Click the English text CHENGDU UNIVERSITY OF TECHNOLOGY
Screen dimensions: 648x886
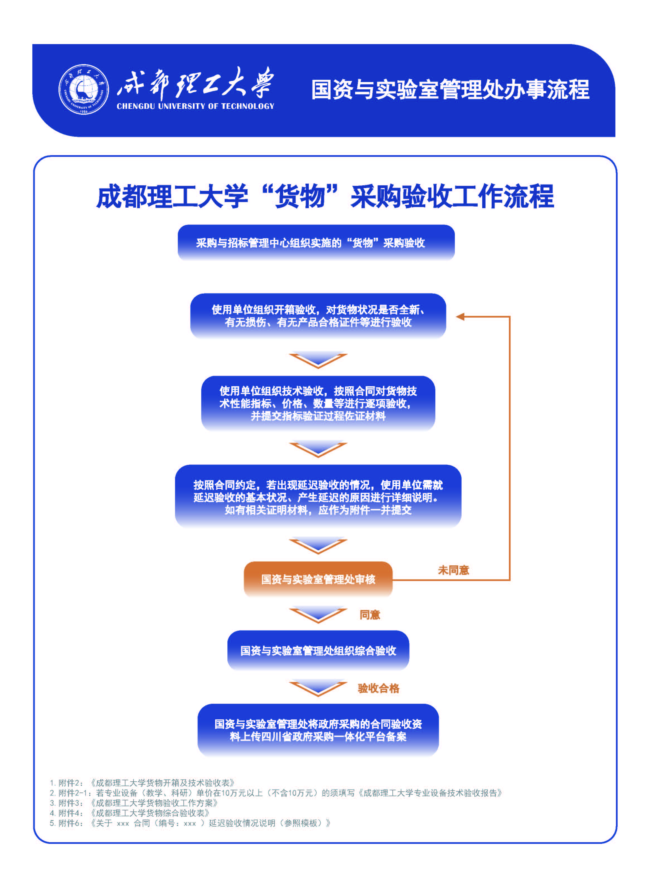pyautogui.click(x=195, y=106)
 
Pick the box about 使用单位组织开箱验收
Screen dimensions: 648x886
pyautogui.click(x=318, y=316)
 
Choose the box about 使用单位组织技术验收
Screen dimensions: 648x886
pyautogui.click(x=318, y=403)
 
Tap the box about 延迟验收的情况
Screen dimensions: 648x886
pyautogui.click(x=318, y=497)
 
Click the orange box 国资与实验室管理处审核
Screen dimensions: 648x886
pyautogui.click(x=318, y=579)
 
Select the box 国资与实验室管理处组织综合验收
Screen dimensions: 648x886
pyautogui.click(x=318, y=651)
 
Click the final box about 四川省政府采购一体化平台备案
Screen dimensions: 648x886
pyautogui.click(x=318, y=730)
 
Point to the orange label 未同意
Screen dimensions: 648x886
pyautogui.click(x=453, y=570)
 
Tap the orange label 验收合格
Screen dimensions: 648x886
pyautogui.click(x=378, y=688)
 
